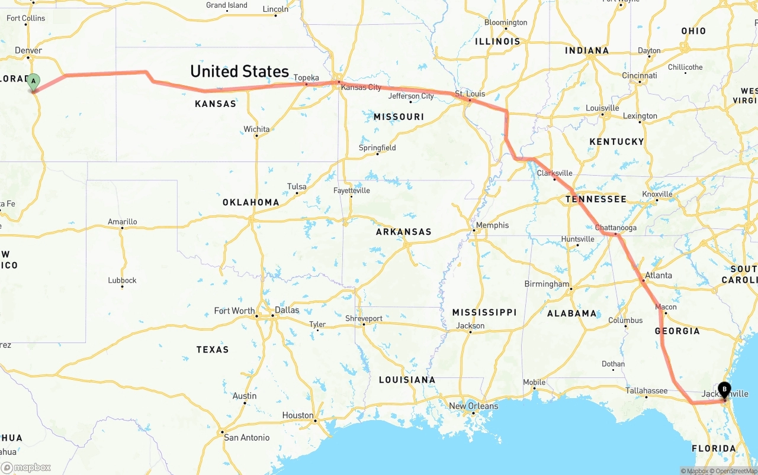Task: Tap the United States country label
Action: (x=239, y=72)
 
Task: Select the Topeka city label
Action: (x=306, y=77)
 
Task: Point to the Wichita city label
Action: (x=256, y=129)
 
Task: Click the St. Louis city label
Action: (x=470, y=93)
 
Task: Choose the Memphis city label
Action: (x=492, y=225)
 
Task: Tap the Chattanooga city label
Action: (x=616, y=228)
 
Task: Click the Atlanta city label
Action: (x=658, y=275)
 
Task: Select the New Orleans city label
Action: (x=474, y=406)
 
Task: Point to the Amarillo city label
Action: (x=123, y=222)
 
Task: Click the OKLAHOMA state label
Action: (x=250, y=202)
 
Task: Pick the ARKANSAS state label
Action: (x=404, y=232)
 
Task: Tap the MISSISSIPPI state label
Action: (x=484, y=312)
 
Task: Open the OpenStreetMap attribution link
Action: (x=737, y=471)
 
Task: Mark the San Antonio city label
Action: (x=246, y=438)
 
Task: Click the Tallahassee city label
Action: (x=647, y=390)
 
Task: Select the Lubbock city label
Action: (x=122, y=280)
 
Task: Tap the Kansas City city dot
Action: (x=339, y=82)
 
